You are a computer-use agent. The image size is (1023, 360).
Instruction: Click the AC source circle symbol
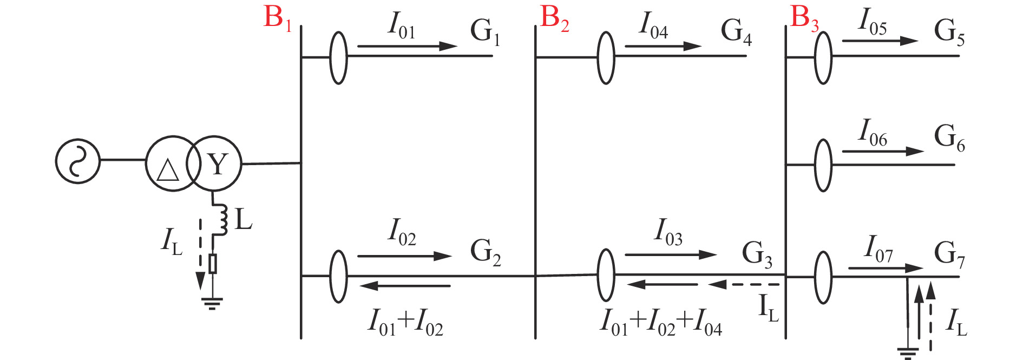78,161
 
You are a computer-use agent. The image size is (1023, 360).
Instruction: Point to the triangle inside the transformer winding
167,170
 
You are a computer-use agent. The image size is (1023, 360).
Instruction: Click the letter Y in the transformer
218,164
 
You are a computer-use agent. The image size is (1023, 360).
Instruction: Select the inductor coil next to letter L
221,220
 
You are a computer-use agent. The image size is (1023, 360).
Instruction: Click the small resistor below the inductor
213,264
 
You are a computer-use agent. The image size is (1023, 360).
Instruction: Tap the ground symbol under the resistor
212,303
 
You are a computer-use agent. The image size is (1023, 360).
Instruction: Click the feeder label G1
485,31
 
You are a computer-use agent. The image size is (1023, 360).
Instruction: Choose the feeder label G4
736,31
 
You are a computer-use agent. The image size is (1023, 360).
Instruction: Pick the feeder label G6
949,138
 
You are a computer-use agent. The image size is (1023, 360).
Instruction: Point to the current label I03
668,232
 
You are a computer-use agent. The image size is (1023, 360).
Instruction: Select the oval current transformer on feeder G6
823,165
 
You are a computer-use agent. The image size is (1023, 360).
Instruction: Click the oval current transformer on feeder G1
339,57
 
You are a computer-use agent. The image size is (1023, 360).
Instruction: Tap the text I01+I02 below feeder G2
406,323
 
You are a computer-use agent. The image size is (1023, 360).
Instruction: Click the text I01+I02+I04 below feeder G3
661,322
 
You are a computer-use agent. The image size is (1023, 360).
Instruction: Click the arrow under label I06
883,151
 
